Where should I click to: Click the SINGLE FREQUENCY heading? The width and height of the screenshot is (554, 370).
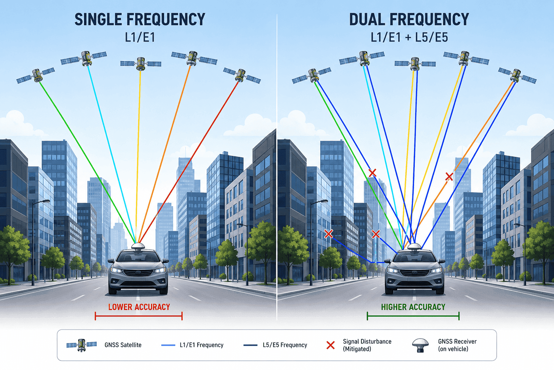140,19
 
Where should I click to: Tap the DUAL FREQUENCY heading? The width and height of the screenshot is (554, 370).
409,19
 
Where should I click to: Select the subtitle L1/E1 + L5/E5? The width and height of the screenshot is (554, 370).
409,38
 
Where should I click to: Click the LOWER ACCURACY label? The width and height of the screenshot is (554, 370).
139,307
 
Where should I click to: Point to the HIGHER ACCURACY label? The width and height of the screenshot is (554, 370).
413,307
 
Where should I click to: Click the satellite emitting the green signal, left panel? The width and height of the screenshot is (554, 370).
36,76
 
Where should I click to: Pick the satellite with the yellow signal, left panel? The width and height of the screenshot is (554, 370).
140,64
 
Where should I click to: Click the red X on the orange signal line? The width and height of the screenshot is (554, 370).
449,177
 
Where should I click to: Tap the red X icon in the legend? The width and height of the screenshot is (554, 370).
331,345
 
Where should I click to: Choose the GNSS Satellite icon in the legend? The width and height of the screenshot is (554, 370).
82,345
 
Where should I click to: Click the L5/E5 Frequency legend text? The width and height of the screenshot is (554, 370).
285,345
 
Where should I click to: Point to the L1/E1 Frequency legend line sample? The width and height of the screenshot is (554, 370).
168,345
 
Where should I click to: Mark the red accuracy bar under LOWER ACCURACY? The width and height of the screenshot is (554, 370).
139,316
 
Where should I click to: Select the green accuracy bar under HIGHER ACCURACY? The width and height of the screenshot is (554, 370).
413,316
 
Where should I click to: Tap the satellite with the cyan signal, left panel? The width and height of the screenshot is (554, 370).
84,59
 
